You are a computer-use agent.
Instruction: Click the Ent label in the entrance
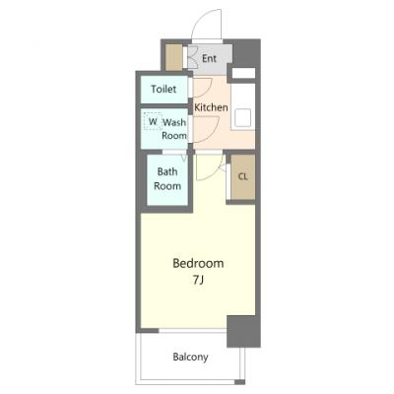point(209,59)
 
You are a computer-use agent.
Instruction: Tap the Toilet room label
point(164,89)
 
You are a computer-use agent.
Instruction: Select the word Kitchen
point(211,107)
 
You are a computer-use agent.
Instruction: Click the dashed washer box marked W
point(153,121)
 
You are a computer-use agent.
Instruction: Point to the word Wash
point(174,122)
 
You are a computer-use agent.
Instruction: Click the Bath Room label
point(167,178)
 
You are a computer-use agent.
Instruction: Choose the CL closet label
point(242,177)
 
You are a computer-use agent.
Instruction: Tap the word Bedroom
point(198,263)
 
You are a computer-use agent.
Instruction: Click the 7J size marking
point(198,280)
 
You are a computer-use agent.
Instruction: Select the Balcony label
point(190,357)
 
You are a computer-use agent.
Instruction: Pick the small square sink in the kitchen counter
point(242,117)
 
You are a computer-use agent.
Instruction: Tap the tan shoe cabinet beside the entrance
point(173,57)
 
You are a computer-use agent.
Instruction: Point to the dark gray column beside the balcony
point(243,331)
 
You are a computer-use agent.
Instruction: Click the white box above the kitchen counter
point(243,73)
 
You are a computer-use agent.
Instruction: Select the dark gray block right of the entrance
point(246,53)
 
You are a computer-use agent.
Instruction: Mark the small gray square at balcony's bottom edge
point(240,382)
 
